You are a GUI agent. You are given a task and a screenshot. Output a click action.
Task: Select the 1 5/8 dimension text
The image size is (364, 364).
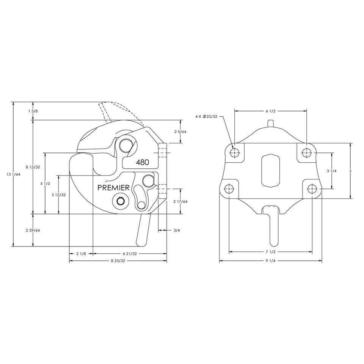33,111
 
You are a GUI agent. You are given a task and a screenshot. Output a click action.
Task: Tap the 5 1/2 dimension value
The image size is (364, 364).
45,184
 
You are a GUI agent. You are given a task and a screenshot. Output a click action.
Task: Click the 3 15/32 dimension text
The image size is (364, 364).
58,195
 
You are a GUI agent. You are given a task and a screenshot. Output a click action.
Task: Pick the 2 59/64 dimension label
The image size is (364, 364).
33,230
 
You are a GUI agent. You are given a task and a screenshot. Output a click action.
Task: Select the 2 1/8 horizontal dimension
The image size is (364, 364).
81,253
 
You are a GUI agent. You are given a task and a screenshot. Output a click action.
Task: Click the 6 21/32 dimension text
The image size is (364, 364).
130,253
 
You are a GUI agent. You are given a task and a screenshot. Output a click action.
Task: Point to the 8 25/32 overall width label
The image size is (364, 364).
118,261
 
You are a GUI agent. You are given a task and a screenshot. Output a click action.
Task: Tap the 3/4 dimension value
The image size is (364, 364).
176,230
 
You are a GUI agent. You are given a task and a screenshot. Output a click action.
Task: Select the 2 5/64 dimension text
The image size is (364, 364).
180,132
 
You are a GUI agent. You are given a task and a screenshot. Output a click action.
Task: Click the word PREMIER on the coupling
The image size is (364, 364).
114,187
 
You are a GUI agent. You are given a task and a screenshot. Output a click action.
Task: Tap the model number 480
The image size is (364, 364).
142,162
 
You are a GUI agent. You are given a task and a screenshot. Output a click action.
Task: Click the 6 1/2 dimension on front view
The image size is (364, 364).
270,111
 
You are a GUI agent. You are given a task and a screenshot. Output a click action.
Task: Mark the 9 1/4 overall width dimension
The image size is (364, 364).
270,261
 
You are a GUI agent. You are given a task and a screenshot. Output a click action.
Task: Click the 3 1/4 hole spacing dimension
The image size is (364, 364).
332,171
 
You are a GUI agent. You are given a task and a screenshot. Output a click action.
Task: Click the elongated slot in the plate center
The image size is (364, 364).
270,171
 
